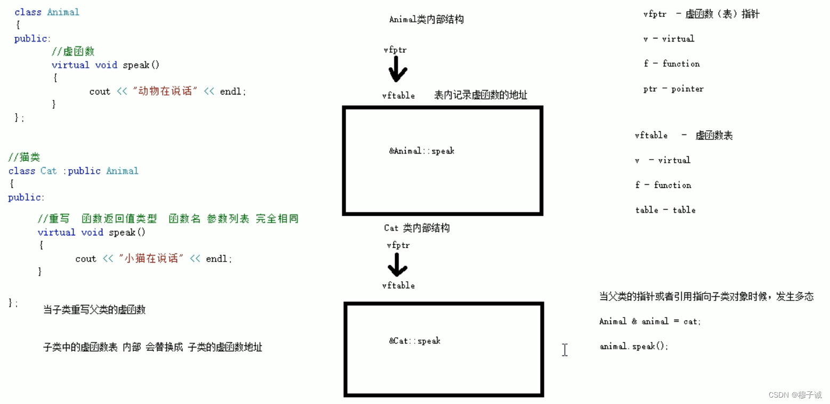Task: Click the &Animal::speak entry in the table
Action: click(422, 151)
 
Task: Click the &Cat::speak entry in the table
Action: click(415, 341)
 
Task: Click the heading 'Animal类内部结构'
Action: click(426, 20)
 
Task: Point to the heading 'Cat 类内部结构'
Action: click(416, 228)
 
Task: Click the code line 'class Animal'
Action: click(47, 12)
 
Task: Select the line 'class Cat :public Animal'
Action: click(73, 171)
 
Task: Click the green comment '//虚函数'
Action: click(72, 51)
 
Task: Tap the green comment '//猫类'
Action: click(24, 157)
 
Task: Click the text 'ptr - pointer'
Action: click(673, 89)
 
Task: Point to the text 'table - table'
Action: click(665, 210)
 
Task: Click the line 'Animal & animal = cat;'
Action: click(650, 321)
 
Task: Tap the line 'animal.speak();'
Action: click(633, 346)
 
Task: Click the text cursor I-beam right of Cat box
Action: click(565, 350)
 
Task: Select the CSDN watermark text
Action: click(795, 394)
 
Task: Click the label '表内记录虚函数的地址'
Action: click(480, 96)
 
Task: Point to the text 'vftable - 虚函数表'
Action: click(683, 136)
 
